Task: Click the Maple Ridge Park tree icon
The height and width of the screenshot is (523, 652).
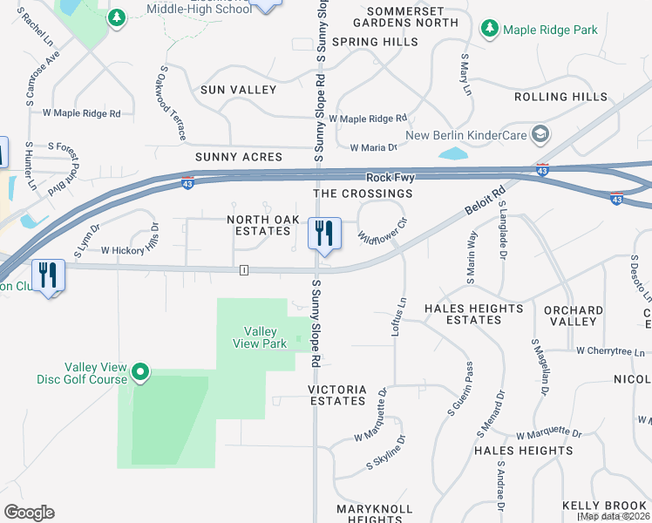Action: coord(490,30)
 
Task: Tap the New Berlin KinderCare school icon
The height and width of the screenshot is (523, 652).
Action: coord(540,135)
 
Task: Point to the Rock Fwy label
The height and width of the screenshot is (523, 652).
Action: coord(388,177)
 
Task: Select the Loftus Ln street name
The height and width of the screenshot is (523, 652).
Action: coord(400,317)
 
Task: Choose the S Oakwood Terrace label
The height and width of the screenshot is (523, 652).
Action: coord(172,104)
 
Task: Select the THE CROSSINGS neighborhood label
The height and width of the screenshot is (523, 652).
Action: coord(363,193)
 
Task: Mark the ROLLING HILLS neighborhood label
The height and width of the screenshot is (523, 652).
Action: coord(560,97)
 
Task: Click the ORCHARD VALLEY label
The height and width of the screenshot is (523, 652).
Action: coord(573,316)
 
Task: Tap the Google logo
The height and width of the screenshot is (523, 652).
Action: coord(29,513)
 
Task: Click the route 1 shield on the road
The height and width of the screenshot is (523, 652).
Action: coord(245,270)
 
